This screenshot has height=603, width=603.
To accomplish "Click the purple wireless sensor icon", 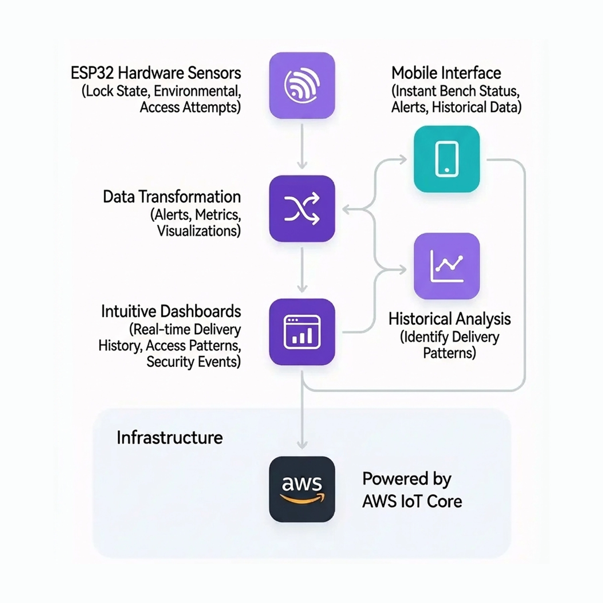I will tap(302, 85).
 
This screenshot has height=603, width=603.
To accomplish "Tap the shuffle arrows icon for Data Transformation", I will tap(302, 208).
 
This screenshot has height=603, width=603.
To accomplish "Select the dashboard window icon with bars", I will tap(302, 332).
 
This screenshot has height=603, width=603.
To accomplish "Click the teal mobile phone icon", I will tap(447, 159).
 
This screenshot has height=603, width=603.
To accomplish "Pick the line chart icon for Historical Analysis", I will tap(447, 266).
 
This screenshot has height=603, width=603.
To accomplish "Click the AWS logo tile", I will tap(302, 489).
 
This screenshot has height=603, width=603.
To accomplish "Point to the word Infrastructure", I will tap(170, 438).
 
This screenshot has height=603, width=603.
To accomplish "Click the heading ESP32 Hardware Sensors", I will tap(156, 73).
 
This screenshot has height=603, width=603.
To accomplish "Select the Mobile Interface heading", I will tap(446, 73).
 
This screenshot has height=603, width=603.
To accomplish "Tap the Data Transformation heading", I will tap(172, 197).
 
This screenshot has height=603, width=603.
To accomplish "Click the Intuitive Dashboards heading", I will tap(171, 311).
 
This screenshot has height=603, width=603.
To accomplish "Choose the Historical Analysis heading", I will tap(449, 319).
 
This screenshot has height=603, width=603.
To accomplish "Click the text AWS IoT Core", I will tap(412, 501).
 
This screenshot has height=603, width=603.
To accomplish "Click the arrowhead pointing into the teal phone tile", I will tap(402, 159).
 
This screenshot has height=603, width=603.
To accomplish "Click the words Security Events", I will tap(194, 362).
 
